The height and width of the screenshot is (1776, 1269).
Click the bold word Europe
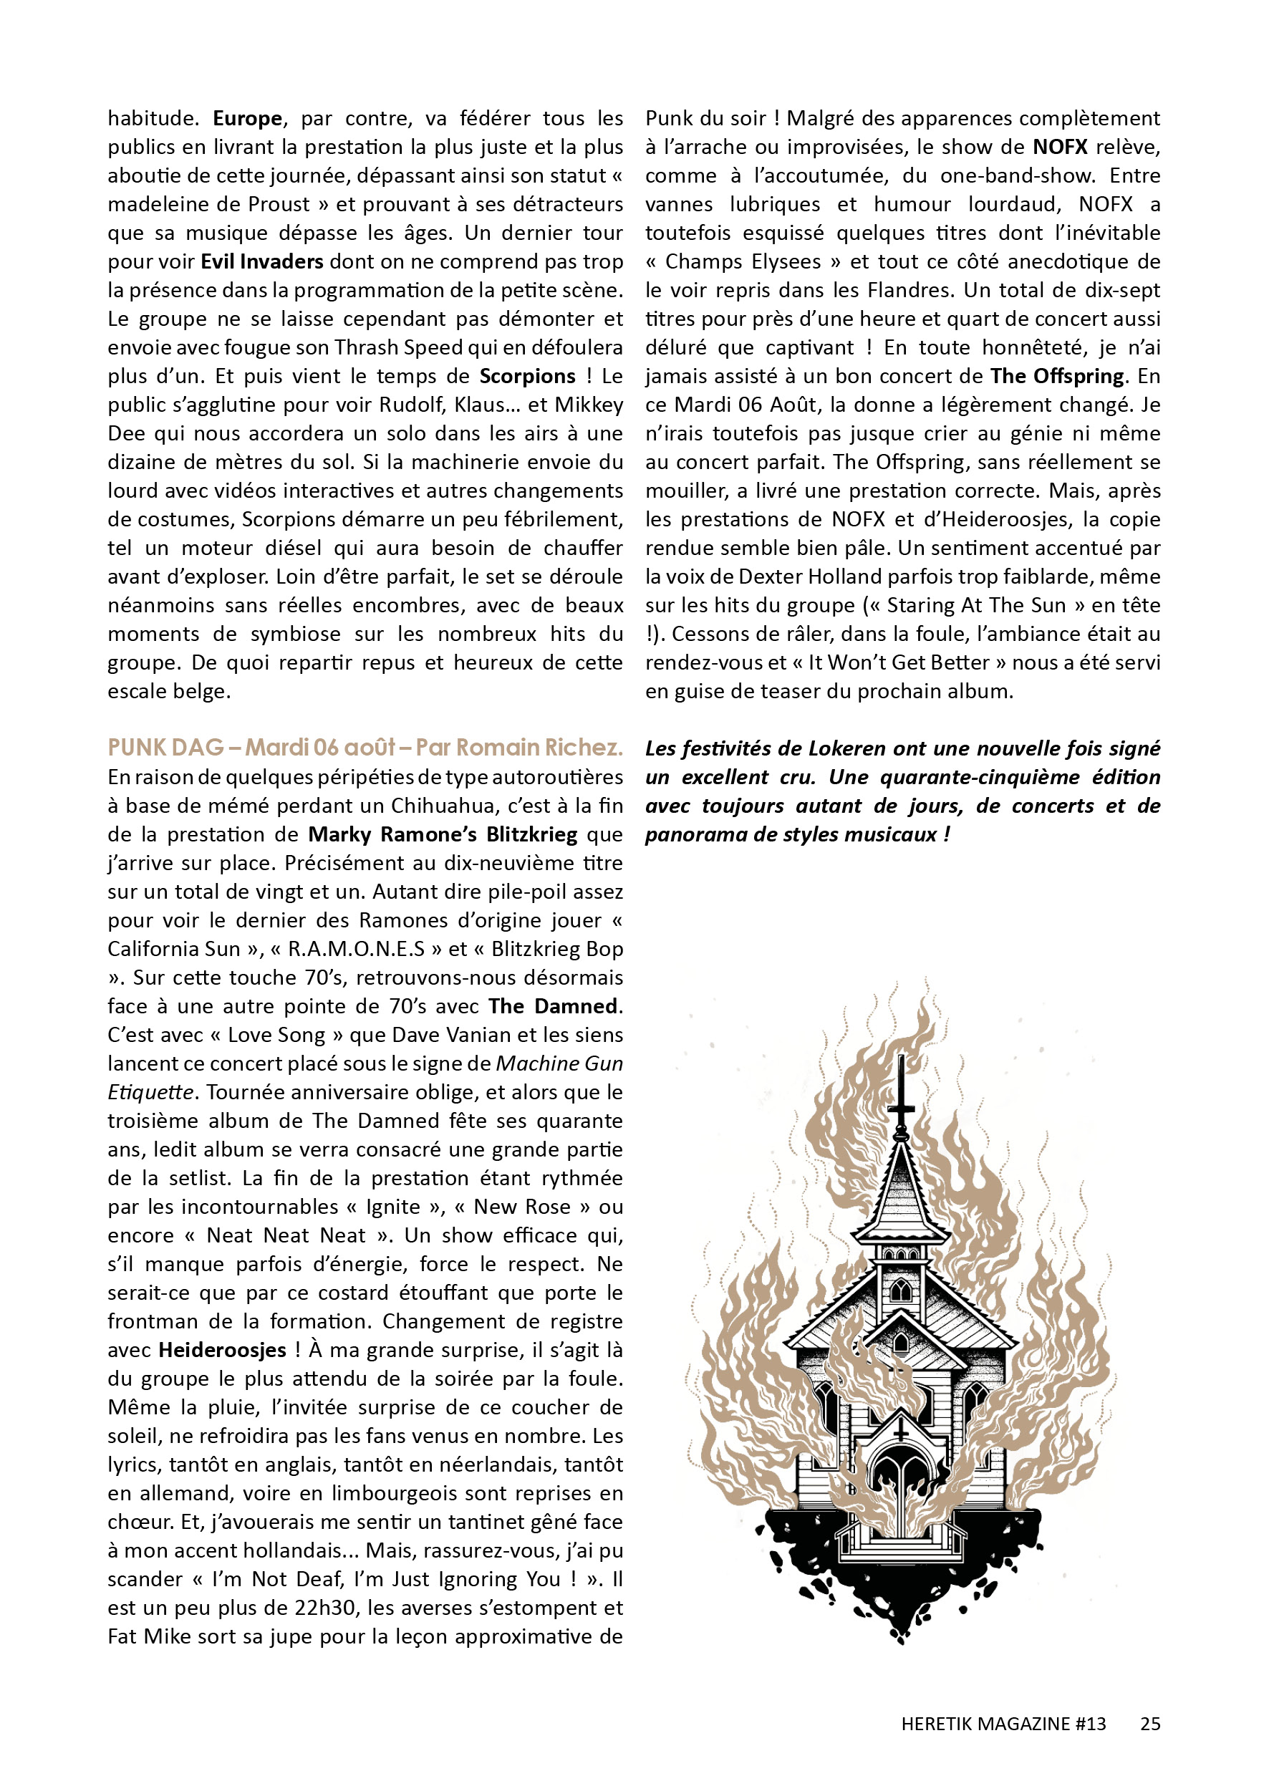tap(247, 119)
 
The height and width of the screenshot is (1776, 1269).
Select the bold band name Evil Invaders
tap(262, 262)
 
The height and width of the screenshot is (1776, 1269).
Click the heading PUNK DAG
tap(165, 748)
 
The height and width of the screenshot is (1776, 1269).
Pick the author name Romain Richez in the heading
tap(539, 748)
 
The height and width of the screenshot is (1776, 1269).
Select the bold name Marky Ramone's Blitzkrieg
tap(443, 834)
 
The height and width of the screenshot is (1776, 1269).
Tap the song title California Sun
tap(174, 950)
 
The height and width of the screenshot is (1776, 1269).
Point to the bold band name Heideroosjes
tap(222, 1350)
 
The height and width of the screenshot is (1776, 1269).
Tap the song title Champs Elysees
tap(743, 262)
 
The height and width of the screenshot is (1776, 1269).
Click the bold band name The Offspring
tap(1057, 377)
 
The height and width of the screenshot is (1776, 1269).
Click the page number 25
tap(1150, 1724)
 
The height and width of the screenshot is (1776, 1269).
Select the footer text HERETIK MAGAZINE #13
tap(1003, 1724)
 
